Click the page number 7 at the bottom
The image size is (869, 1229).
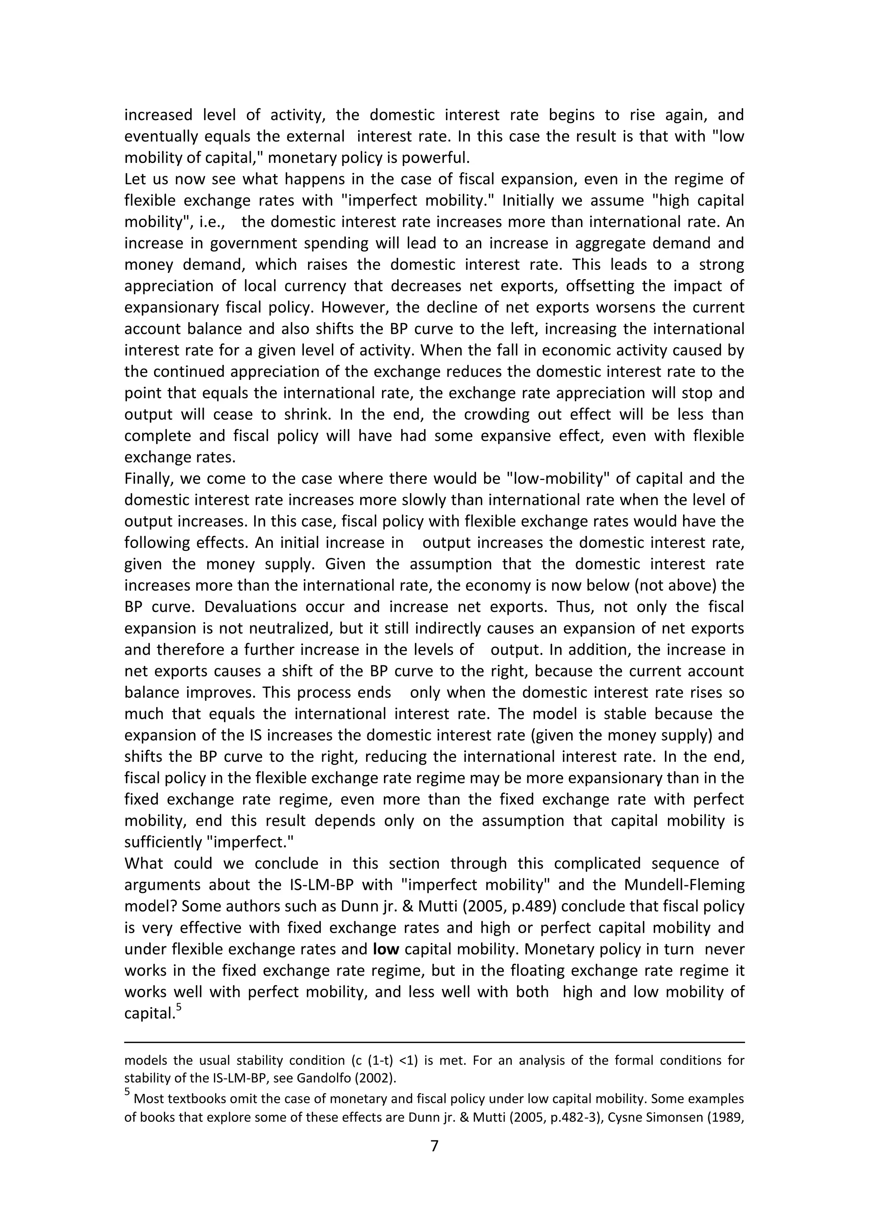click(x=434, y=1145)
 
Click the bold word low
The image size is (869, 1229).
click(x=387, y=949)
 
